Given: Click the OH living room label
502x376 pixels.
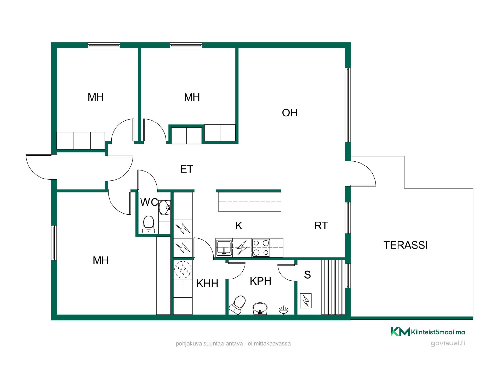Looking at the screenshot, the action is [290, 113].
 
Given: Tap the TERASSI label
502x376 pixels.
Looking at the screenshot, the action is [406, 245].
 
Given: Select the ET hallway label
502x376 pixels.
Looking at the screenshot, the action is [187, 169].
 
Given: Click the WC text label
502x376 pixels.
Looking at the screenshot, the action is [149, 202].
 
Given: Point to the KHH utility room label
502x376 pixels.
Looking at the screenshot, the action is [207, 283].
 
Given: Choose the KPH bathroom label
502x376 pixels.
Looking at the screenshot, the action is [260, 281].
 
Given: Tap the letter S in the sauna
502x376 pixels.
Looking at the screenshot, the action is [307, 275].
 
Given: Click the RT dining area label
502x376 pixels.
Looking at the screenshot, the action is [321, 226].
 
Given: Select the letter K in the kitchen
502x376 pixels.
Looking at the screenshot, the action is [239, 226].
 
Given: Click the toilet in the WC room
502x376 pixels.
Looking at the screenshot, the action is [149, 225].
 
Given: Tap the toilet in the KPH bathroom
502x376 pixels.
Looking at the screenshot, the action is [238, 305].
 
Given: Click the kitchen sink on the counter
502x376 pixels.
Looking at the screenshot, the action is [224, 248].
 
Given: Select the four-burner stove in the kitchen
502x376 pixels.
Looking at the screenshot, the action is [261, 248].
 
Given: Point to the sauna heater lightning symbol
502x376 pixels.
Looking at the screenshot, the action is [306, 301].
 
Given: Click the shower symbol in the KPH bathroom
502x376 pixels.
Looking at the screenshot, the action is [284, 310].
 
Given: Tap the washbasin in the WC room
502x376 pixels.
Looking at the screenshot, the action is [165, 208].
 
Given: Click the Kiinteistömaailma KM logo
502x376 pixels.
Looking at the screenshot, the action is [400, 332].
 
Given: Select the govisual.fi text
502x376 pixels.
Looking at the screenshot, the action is [448, 343].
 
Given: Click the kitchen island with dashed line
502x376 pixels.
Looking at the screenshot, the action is [249, 202].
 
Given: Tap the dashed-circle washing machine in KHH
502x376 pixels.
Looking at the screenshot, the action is [183, 269].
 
